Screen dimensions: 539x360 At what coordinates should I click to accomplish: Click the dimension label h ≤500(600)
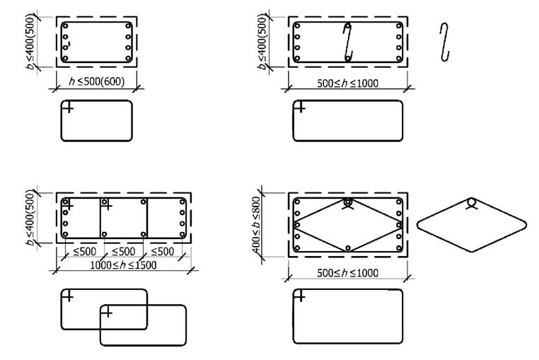tap(97, 81)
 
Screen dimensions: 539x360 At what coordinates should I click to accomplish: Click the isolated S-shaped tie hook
tap(444, 42)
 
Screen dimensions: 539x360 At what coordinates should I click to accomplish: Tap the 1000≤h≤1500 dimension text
tap(123, 265)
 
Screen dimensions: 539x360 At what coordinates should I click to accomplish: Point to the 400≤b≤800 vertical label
tap(257, 224)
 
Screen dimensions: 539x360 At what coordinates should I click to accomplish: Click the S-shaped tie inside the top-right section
tap(348, 42)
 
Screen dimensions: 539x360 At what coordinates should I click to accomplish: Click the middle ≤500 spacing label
tap(123, 252)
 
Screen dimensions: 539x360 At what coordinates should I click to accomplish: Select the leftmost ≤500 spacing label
tap(85, 252)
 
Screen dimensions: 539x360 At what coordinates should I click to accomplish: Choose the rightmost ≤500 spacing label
tap(163, 252)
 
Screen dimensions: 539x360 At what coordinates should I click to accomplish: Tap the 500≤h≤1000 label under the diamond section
tap(347, 273)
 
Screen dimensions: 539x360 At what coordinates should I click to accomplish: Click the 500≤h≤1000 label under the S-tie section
tap(347, 83)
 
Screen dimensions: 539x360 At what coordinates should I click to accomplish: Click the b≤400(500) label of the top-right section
tap(262, 41)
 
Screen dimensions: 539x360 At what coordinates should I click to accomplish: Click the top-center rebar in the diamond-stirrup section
tap(347, 202)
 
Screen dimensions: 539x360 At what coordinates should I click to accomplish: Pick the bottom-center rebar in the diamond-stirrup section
tap(348, 248)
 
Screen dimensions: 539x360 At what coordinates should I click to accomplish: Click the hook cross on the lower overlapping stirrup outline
tap(108, 312)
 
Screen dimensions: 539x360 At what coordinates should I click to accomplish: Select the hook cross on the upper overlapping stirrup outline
tap(68, 296)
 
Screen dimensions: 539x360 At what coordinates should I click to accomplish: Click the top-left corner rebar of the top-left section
tap(65, 26)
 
